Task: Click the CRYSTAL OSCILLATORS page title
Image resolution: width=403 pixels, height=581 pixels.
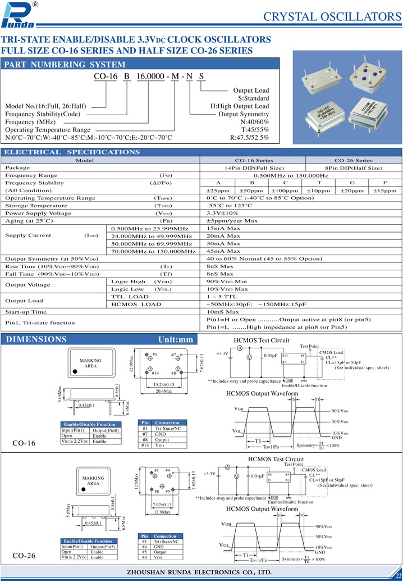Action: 332,16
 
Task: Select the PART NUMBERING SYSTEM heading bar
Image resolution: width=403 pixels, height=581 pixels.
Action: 65,65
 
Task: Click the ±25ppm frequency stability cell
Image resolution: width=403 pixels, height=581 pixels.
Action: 218,190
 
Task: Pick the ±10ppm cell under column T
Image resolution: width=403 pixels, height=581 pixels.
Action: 319,190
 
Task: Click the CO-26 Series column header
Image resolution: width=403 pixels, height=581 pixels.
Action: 353,160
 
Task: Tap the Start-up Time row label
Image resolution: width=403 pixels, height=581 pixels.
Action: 26,311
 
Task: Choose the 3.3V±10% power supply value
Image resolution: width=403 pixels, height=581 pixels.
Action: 223,214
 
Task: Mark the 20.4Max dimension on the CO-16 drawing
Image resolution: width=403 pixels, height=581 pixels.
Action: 163,391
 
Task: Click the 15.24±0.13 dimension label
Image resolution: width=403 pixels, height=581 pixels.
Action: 163,384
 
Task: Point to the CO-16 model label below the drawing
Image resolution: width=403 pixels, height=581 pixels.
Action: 24,443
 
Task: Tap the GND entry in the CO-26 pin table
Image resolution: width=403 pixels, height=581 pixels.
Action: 159,547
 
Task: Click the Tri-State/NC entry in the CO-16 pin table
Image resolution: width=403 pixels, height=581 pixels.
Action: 167,429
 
